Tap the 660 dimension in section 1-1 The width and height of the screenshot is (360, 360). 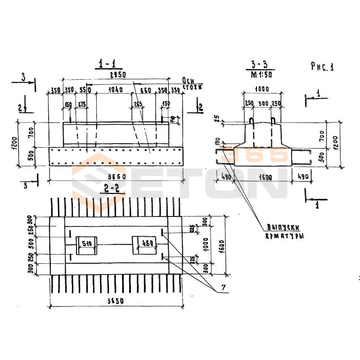145,90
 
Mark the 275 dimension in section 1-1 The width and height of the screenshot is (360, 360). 81,105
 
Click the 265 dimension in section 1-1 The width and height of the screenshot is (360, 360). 138,105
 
